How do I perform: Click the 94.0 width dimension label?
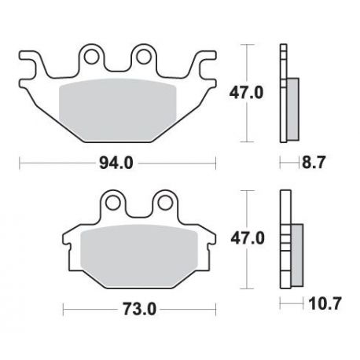[x=116, y=163]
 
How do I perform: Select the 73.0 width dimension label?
[x=139, y=309]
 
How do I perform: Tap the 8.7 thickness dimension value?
[x=314, y=163]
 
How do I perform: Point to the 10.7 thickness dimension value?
[x=325, y=304]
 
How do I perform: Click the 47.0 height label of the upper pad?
[x=246, y=93]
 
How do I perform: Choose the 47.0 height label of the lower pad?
[x=248, y=238]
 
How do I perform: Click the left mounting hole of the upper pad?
[x=92, y=57]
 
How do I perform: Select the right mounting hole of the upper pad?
[x=144, y=57]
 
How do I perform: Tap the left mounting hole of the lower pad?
[x=113, y=202]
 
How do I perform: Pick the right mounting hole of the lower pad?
[x=165, y=202]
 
